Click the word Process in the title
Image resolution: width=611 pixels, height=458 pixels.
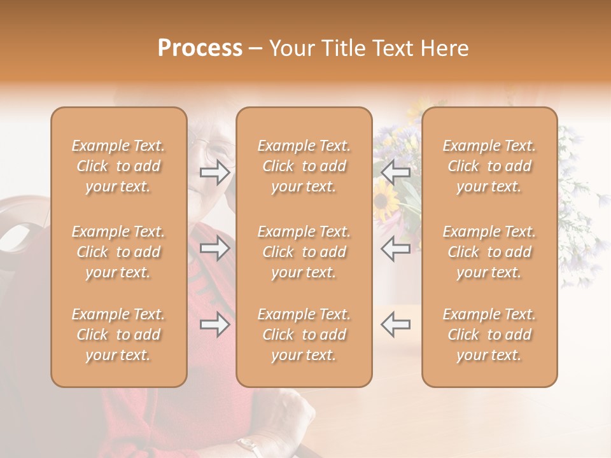200,48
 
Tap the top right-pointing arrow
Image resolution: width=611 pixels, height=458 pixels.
214,172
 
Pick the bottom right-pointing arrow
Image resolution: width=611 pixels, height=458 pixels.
214,324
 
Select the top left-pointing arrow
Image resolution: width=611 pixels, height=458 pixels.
395,172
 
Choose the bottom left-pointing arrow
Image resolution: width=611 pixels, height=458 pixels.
395,324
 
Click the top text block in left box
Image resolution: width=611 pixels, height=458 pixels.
118,166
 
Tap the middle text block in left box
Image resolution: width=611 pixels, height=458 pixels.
118,252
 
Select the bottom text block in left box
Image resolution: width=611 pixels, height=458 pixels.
118,335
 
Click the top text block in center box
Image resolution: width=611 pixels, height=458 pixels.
304,166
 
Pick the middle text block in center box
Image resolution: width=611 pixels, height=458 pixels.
304,252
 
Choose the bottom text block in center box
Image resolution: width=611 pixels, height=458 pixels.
304,335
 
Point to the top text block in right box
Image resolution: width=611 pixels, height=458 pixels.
489,166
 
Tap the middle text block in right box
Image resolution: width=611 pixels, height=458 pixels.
489,252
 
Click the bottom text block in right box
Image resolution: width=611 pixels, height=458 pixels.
489,335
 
